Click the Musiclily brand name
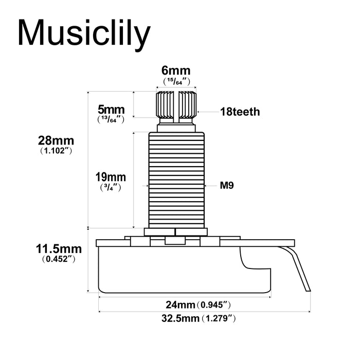[84, 33]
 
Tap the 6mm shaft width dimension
[176, 70]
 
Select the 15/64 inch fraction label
[176, 81]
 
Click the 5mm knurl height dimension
[111, 109]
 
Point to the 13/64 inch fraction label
[111, 119]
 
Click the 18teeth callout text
[240, 112]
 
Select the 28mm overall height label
[56, 140]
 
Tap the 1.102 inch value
[56, 151]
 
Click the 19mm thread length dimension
[111, 177]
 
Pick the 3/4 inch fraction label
[111, 187]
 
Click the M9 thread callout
[227, 185]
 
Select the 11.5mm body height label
[59, 249]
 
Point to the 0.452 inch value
[59, 259]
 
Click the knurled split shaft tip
[176, 104]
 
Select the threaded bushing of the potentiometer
[176, 180]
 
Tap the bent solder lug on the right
[295, 268]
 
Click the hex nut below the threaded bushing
[176, 232]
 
